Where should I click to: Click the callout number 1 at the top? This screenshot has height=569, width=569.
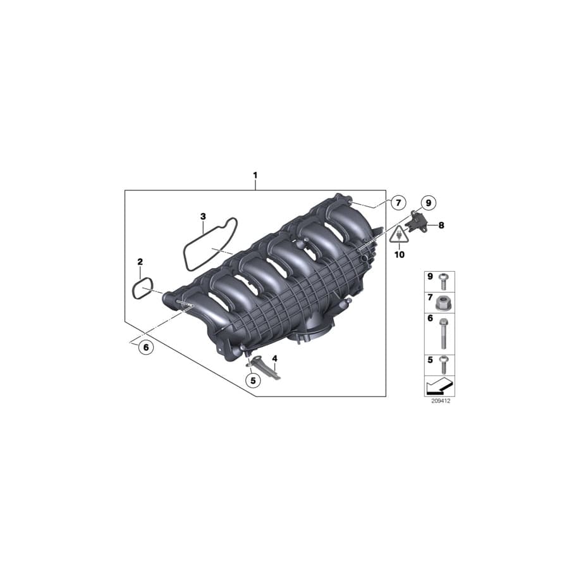[255, 174]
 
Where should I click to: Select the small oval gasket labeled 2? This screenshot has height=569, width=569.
[143, 289]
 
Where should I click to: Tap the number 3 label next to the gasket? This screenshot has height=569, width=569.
[203, 216]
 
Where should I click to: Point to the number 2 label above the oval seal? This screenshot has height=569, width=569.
[140, 261]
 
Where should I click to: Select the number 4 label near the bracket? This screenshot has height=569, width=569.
[274, 358]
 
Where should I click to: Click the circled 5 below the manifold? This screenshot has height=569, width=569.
[252, 381]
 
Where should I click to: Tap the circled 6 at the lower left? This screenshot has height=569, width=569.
[145, 347]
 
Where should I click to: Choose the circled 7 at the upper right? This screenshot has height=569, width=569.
[397, 203]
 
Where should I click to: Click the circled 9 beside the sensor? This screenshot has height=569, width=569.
[428, 203]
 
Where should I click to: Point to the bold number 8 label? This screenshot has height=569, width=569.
[441, 224]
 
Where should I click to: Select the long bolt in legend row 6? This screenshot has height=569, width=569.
[444, 333]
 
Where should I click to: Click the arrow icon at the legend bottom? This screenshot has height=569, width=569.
[439, 385]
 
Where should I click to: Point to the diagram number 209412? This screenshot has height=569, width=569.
[439, 401]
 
